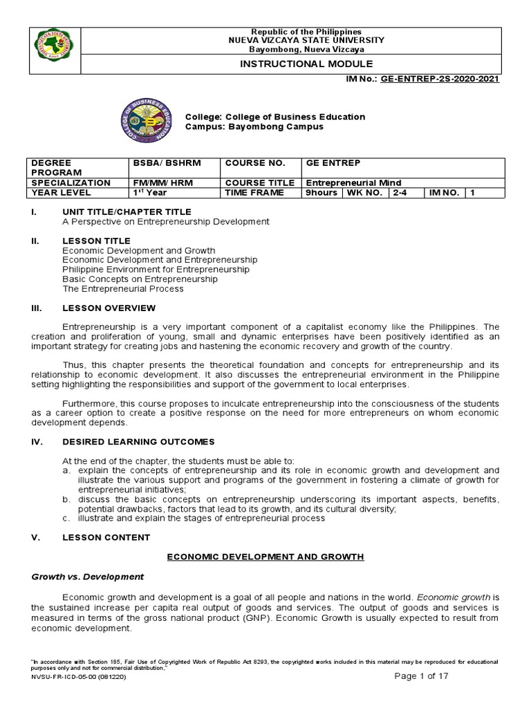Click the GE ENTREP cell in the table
pos(328,163)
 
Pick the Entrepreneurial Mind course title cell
pos(354,183)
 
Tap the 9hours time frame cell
pos(322,193)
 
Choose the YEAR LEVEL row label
pos(60,193)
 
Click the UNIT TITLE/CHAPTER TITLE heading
pos(127,212)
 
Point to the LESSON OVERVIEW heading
pos(109,308)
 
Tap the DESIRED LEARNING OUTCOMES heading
pos(138,441)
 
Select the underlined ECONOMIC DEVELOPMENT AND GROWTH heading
pos(266,556)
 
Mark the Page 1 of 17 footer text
pos(422,676)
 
